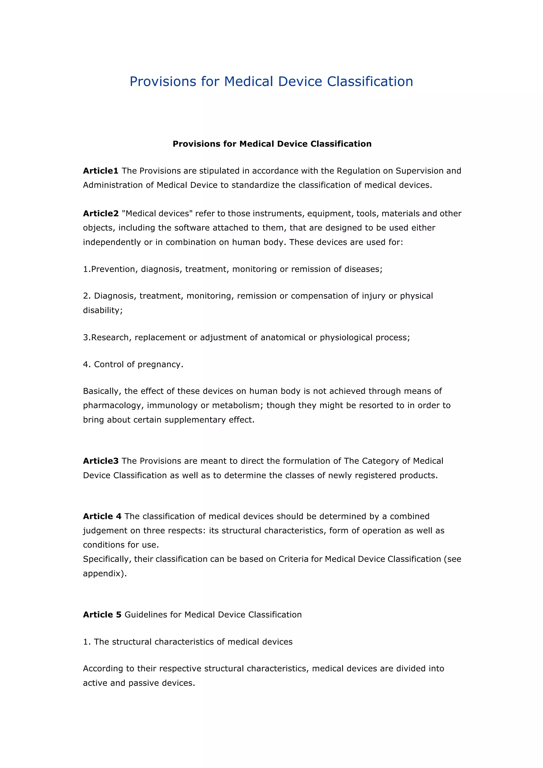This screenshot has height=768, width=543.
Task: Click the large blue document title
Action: tap(271, 82)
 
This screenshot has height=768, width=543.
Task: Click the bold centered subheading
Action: tap(272, 144)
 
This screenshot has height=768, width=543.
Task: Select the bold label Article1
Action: tap(100, 171)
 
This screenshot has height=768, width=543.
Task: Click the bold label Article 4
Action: tap(102, 516)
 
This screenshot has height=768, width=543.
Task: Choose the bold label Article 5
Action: tap(102, 614)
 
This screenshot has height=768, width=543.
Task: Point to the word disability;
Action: tap(103, 311)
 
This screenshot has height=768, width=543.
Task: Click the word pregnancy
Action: tap(160, 365)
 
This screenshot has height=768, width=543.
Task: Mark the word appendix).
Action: tap(105, 574)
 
